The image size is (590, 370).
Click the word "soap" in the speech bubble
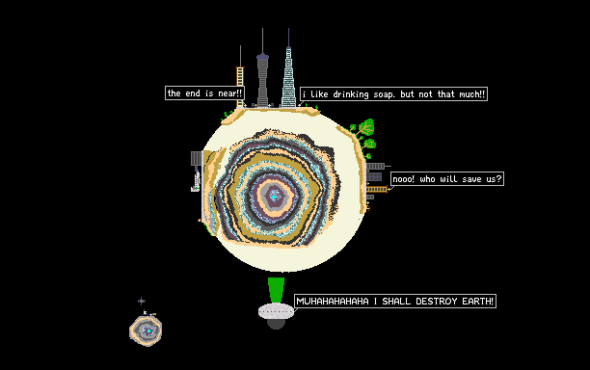tap(384, 94)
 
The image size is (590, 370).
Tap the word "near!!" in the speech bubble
tap(229, 93)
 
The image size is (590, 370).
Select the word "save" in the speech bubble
tap(471, 179)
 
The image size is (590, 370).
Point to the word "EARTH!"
tap(477, 302)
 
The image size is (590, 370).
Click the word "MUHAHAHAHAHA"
tap(333, 302)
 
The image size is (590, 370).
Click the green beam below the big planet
tap(276, 290)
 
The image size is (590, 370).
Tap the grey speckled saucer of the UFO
tap(276, 311)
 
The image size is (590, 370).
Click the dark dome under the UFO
tap(276, 324)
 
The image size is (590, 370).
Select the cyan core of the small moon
tap(148, 330)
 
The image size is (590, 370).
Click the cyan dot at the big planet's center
tap(274, 197)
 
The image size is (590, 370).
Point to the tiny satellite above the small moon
tap(141, 301)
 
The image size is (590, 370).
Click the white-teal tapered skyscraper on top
tap(288, 77)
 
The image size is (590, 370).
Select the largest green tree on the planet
tap(364, 128)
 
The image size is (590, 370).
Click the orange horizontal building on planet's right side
tap(377, 189)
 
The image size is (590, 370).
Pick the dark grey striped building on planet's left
tap(197, 158)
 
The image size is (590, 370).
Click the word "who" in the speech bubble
tap(427, 179)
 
